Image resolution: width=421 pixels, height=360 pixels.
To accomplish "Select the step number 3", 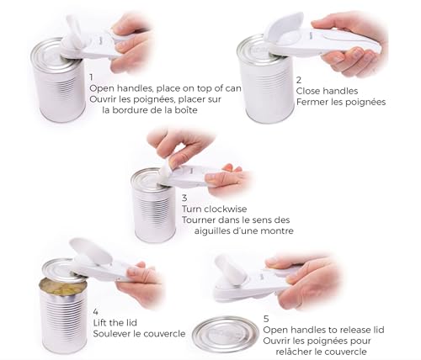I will coord(185,197).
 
